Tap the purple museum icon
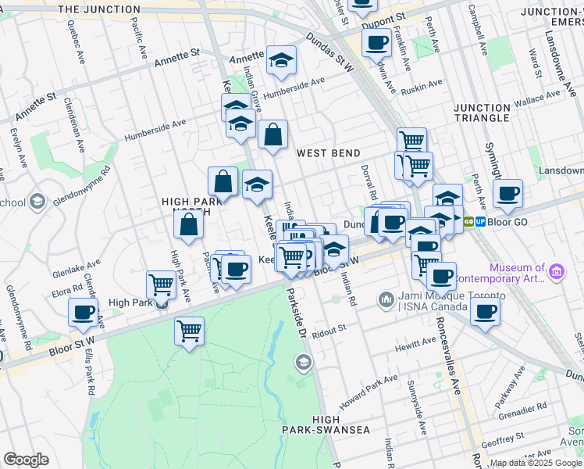(x=556, y=271)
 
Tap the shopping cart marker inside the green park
(x=189, y=331)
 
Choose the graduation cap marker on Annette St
(x=280, y=60)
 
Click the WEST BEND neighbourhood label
(x=329, y=153)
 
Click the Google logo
(x=26, y=460)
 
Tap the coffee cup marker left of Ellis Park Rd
(x=83, y=313)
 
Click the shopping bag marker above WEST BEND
(x=272, y=135)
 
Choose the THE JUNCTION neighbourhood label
(x=99, y=9)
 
